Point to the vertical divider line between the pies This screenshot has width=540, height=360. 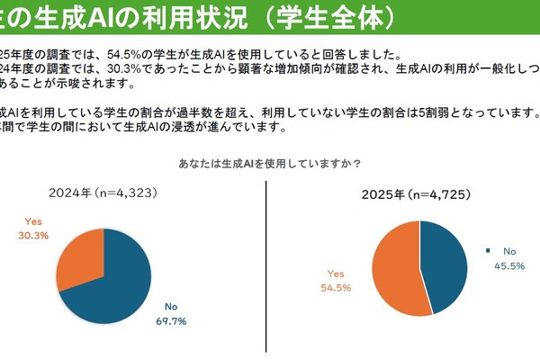coord(267,270)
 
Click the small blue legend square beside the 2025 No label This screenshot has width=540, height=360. coord(489,251)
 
